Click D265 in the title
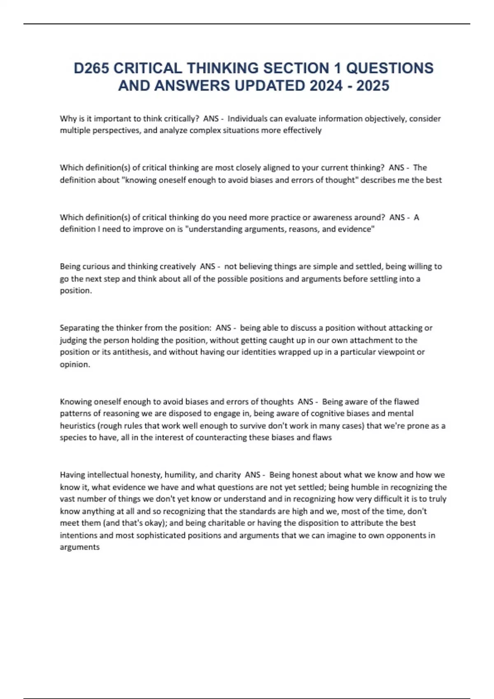coord(91,68)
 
